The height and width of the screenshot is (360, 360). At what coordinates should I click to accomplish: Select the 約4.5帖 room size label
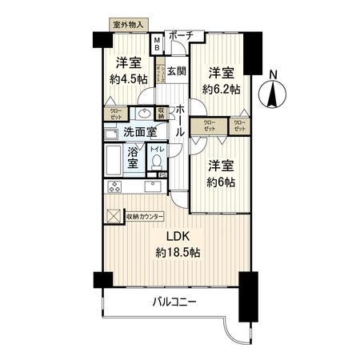(x=129, y=78)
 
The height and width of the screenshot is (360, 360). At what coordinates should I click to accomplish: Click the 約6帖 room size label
(x=218, y=181)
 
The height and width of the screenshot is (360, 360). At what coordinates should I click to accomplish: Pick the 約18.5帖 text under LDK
(x=178, y=252)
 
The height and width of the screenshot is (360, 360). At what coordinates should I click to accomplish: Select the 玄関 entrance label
(x=177, y=70)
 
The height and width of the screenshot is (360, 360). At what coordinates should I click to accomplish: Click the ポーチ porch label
(x=182, y=35)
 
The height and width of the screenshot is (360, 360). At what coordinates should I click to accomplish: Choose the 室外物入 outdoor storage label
(x=127, y=25)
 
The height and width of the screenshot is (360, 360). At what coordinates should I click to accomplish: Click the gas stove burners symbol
(x=114, y=188)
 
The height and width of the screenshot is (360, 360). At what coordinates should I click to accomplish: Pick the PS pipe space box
(x=162, y=176)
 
